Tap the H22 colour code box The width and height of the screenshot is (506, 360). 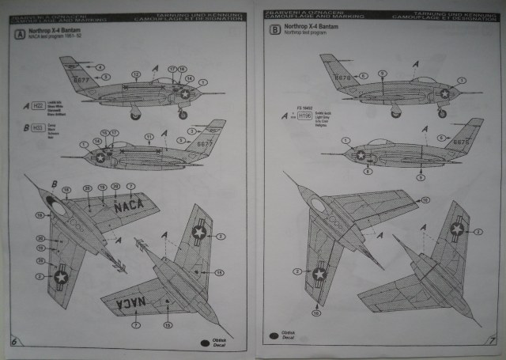(x=37, y=104)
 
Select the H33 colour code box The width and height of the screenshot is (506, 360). (x=36, y=127)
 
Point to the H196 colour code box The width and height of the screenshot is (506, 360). (x=305, y=116)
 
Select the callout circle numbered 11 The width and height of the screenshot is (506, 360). (x=149, y=137)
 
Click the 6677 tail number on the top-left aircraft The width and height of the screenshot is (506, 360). (x=81, y=80)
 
